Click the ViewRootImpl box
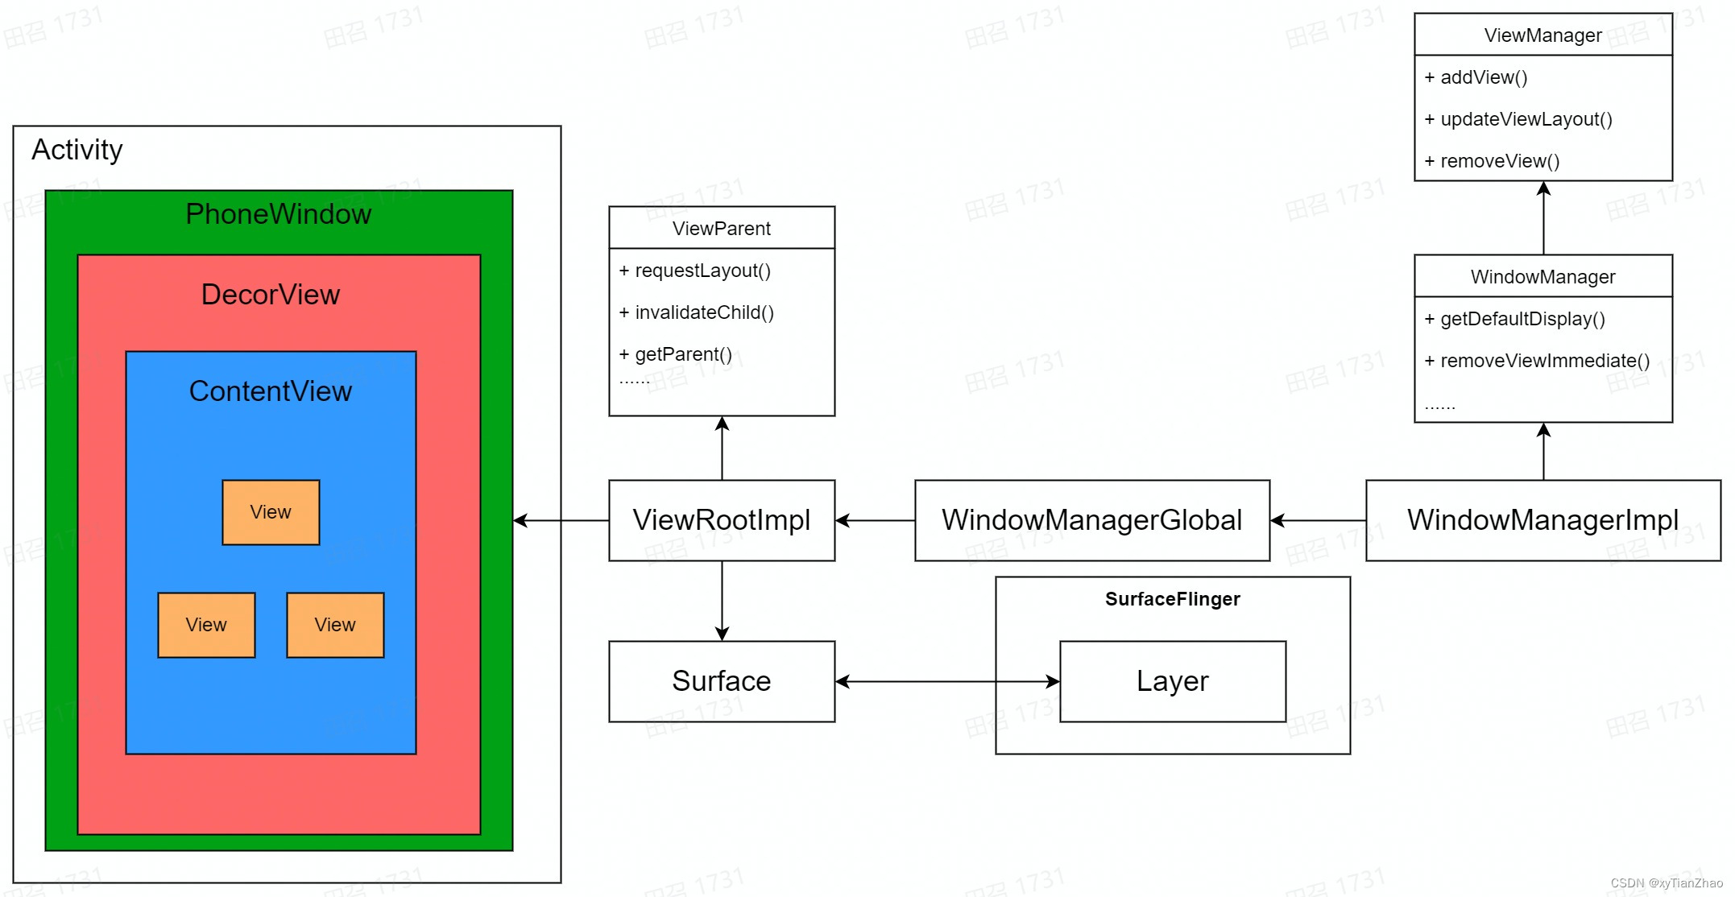722,520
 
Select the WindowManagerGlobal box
1091,520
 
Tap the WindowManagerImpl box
1542,520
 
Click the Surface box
722,681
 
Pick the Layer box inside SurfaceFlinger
1172,681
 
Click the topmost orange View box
271,512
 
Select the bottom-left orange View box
206,625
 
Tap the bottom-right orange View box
335,625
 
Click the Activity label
77,150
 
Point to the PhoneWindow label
279,214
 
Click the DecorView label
271,295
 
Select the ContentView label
271,391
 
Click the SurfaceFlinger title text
1172,599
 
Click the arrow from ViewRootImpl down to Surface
722,601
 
